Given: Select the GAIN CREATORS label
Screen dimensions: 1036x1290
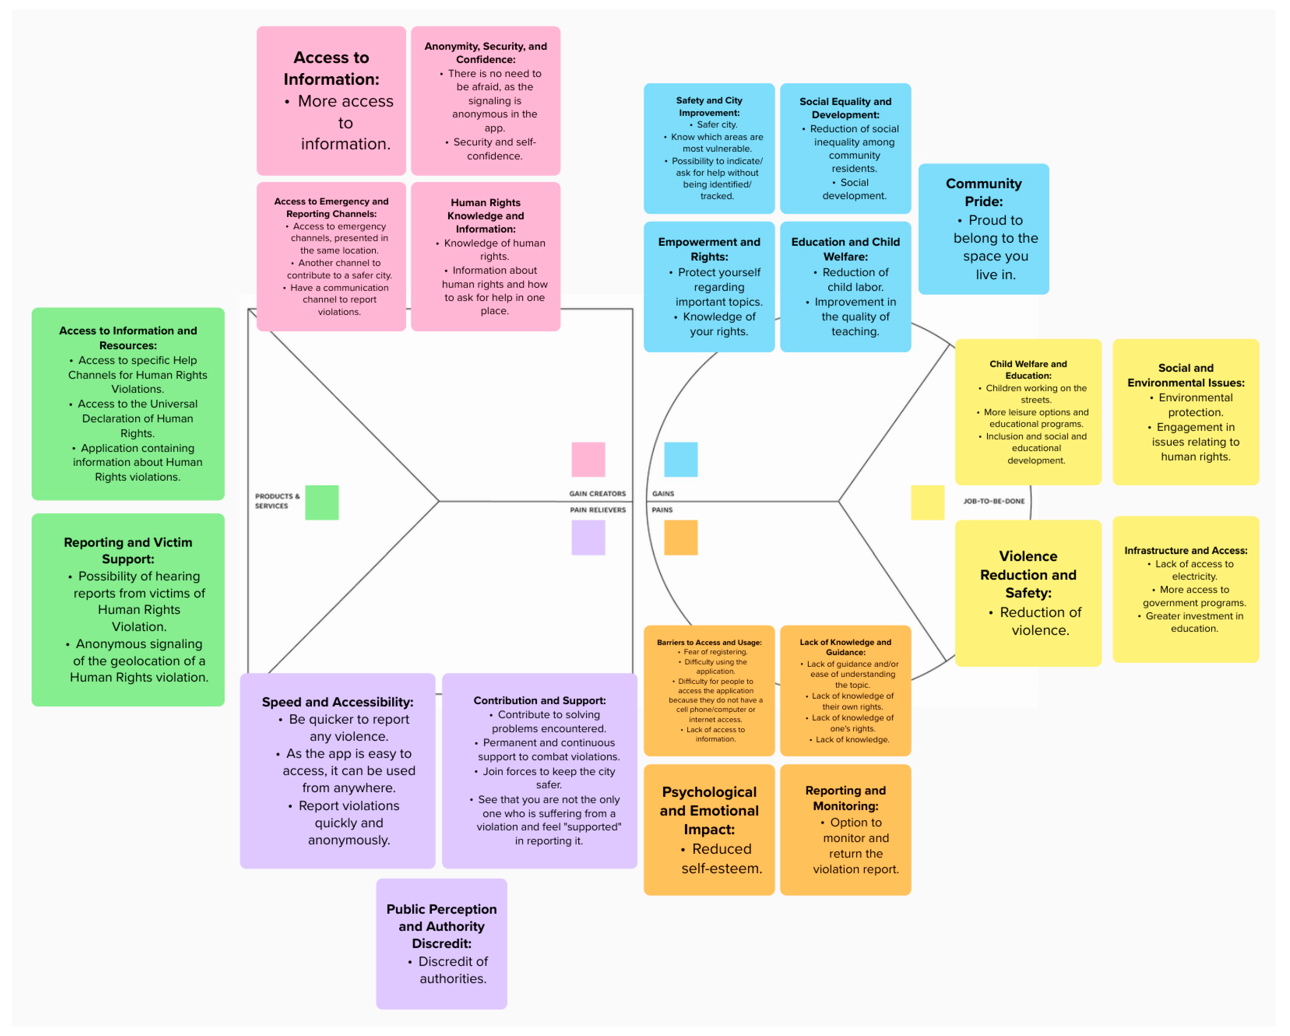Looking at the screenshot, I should coord(597,494).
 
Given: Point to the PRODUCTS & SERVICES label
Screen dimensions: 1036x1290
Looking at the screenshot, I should coord(276,501).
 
